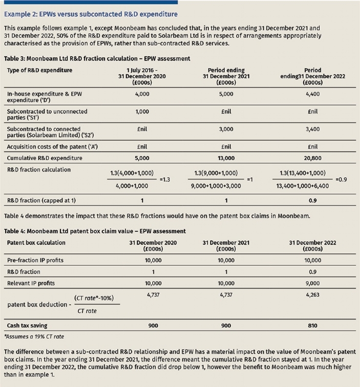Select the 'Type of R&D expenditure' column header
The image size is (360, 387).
click(x=39, y=70)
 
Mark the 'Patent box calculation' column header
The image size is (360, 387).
click(x=36, y=242)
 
